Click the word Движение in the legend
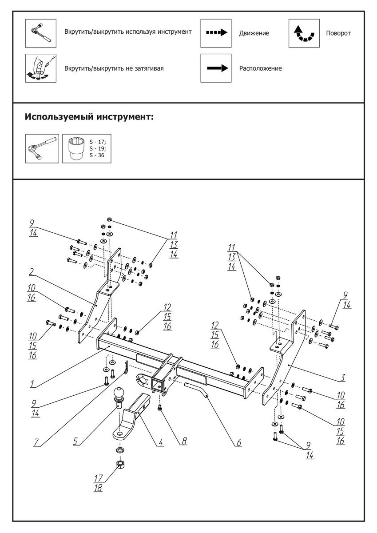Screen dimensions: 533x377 point(254,33)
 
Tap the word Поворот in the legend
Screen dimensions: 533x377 point(338,33)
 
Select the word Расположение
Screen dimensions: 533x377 point(260,68)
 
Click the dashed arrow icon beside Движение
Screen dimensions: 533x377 point(216,32)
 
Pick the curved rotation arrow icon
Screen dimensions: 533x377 point(304,33)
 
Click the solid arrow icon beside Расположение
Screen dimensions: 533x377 point(216,68)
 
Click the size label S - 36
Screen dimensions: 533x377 point(97,155)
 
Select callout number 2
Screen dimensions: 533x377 point(32,270)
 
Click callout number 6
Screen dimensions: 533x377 point(238,442)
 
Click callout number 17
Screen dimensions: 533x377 point(98,478)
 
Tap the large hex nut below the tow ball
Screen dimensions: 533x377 point(120,465)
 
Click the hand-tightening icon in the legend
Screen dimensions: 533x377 point(41,68)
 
